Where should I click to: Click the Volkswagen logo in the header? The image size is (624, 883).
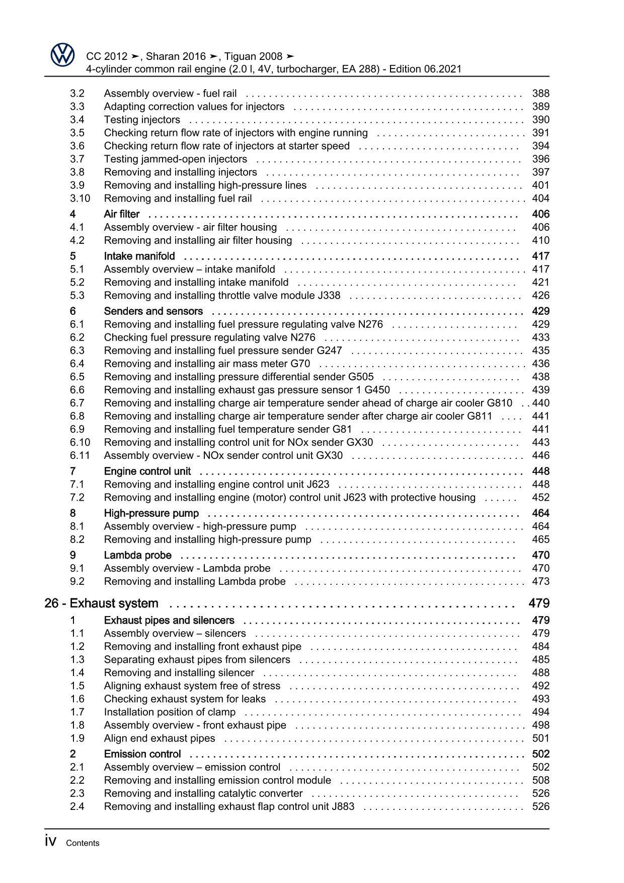coord(62,55)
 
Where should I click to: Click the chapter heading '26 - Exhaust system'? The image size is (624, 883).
coord(101,603)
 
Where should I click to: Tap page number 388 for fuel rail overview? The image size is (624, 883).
coord(540,93)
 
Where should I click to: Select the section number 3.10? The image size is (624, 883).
coord(80,198)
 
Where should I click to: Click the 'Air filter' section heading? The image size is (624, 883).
coord(122,214)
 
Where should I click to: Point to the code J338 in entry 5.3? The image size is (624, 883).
coord(329,296)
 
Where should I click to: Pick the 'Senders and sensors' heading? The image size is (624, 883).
coord(153,311)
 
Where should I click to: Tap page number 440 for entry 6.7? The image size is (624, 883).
coord(540,403)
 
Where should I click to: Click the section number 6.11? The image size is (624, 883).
coord(80,455)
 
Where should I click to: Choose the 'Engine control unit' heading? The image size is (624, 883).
coord(147,471)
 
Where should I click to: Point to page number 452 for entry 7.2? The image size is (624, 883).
coord(540,498)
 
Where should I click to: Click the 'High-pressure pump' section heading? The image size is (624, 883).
coord(151,513)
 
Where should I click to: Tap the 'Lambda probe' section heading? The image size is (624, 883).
coord(138,555)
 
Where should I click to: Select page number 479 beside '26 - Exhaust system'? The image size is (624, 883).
coord(539,603)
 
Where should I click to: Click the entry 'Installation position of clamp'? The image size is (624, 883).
coord(170,712)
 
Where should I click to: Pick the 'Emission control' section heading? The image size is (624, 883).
coord(142,754)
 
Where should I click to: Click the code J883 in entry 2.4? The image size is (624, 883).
coord(343,806)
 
